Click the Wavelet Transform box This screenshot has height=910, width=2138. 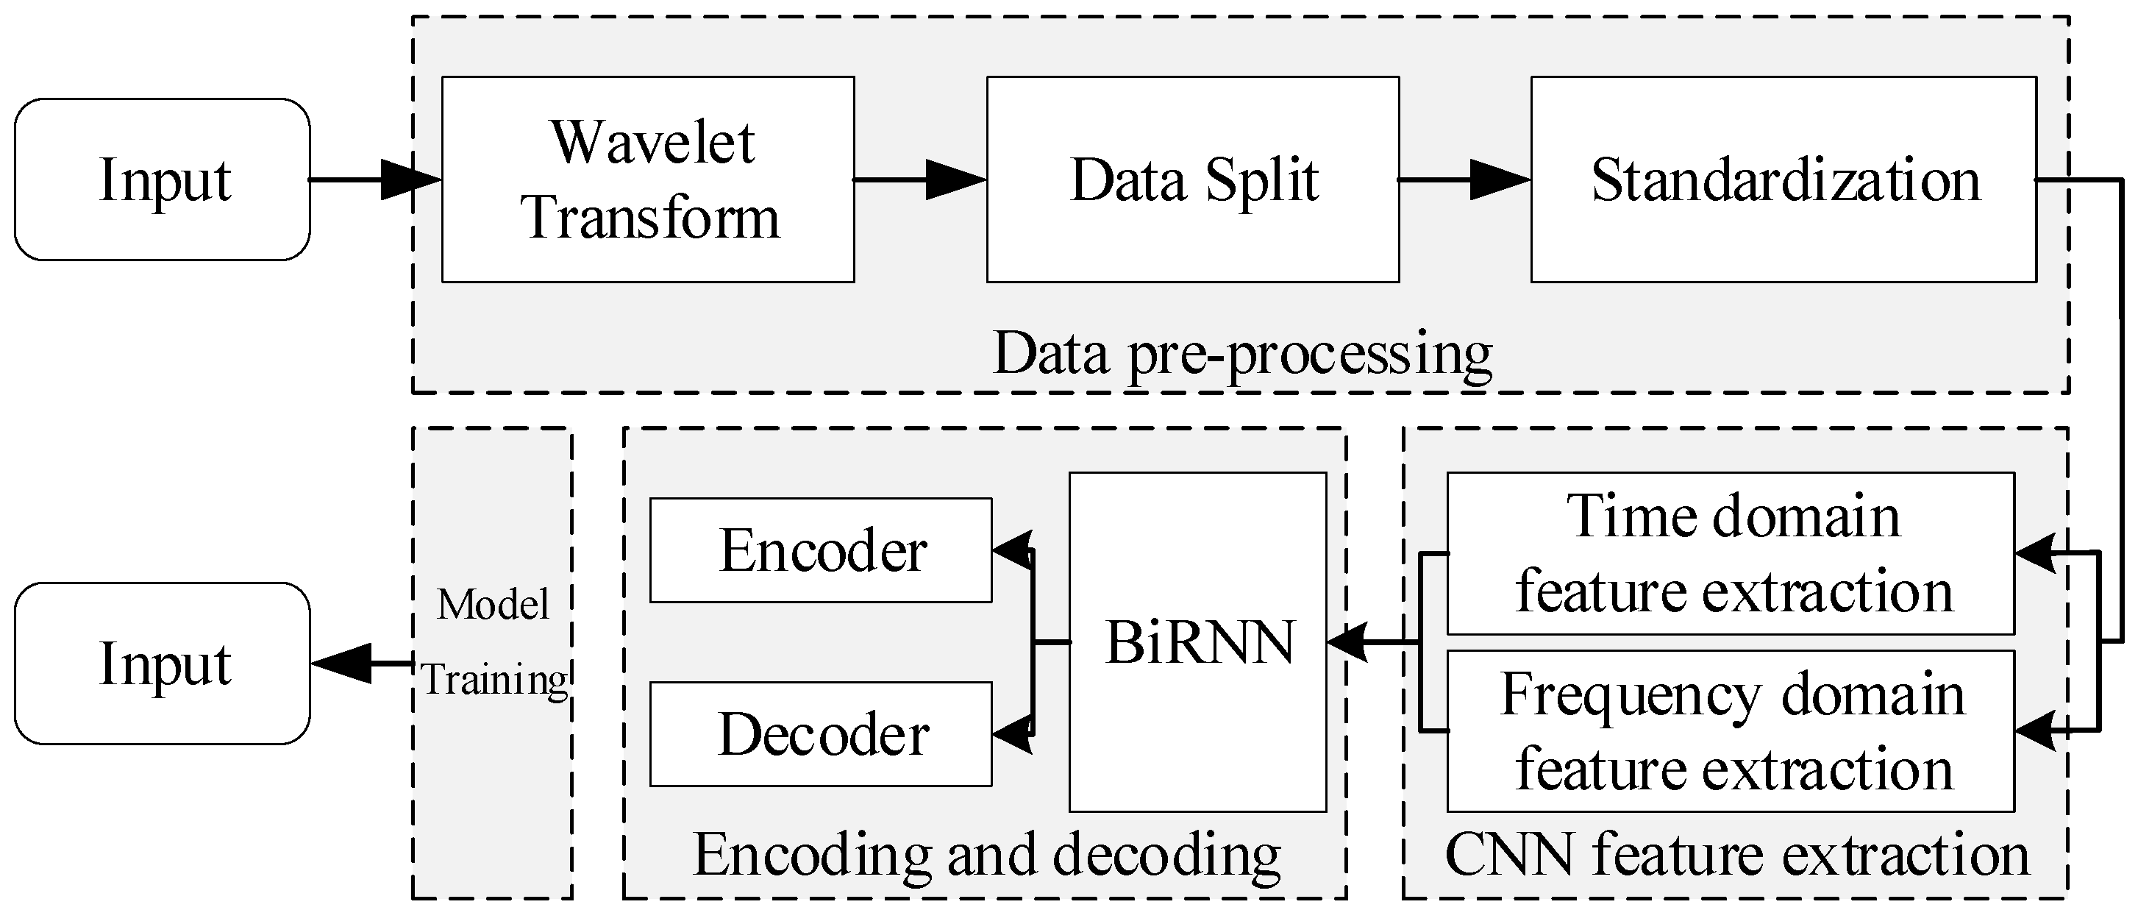pyautogui.click(x=647, y=179)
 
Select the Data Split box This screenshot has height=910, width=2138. pyautogui.click(x=1193, y=179)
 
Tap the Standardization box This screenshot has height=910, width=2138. pyautogui.click(x=1784, y=179)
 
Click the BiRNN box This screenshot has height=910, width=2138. pyautogui.click(x=1197, y=641)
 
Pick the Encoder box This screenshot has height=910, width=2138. pyautogui.click(x=820, y=550)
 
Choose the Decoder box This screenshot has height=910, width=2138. pyautogui.click(x=820, y=734)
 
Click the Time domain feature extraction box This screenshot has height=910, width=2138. pyautogui.click(x=1731, y=553)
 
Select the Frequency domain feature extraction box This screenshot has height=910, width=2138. pyautogui.click(x=1731, y=731)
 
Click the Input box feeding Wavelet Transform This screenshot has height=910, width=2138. pyautogui.click(x=163, y=179)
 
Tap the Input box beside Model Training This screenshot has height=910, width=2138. pyautogui.click(x=163, y=664)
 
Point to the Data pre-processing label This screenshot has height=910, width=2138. pyautogui.click(x=1241, y=354)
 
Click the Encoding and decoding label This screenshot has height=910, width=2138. pyautogui.click(x=986, y=854)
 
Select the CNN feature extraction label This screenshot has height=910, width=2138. pyautogui.click(x=1736, y=854)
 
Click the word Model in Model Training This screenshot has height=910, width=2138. pyautogui.click(x=493, y=605)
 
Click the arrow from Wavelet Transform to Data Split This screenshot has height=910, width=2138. pyautogui.click(x=919, y=179)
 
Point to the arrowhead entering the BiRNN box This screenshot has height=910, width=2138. pyautogui.click(x=1346, y=641)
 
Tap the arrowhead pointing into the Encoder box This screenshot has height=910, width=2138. pyautogui.click(x=1011, y=550)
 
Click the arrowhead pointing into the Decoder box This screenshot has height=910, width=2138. pyautogui.click(x=1011, y=734)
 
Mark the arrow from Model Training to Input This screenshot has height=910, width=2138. pyautogui.click(x=361, y=664)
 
